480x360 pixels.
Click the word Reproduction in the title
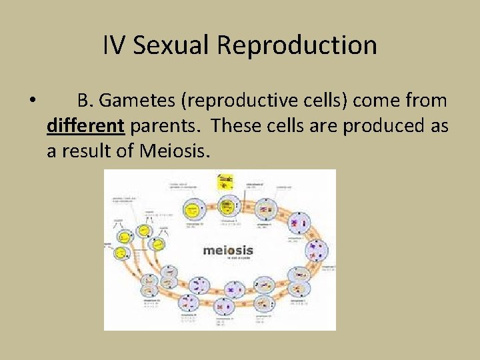(297, 45)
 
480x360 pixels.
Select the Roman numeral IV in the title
(114, 45)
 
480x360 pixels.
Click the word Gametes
(141, 101)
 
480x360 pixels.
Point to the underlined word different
(85, 126)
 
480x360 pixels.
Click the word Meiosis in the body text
(175, 151)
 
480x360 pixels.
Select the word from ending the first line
(426, 101)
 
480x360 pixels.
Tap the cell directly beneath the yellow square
(231, 205)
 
